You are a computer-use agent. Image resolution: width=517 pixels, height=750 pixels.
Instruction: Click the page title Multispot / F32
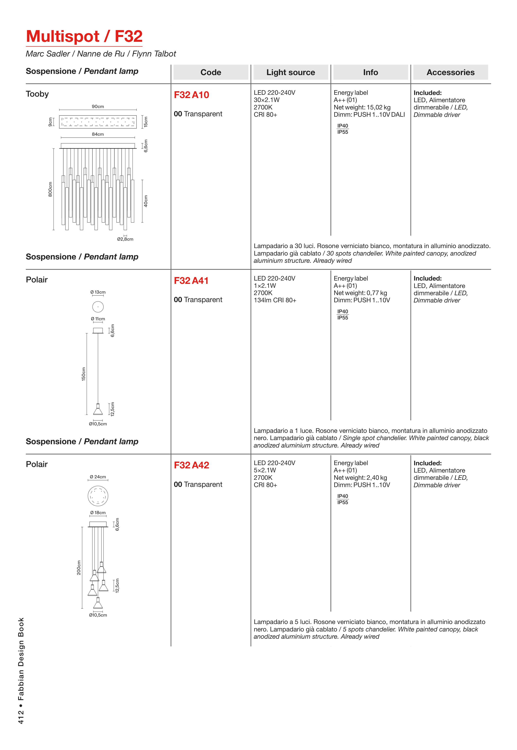(84, 36)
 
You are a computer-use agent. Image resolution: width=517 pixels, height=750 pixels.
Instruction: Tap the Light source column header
(290, 72)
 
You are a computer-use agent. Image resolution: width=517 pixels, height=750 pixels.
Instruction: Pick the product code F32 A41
(191, 281)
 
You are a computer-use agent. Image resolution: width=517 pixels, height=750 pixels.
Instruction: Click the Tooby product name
(37, 94)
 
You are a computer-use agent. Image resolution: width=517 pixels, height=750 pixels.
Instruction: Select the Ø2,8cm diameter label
(125, 239)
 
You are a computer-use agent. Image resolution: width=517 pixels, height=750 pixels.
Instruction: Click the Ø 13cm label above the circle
(98, 292)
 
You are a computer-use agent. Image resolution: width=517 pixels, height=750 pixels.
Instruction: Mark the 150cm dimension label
(84, 374)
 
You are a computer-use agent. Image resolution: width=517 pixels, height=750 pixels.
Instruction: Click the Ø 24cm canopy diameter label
(98, 477)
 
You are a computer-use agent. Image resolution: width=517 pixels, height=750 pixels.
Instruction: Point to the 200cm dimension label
(79, 568)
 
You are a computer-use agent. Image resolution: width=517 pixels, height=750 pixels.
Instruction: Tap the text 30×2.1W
(266, 100)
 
